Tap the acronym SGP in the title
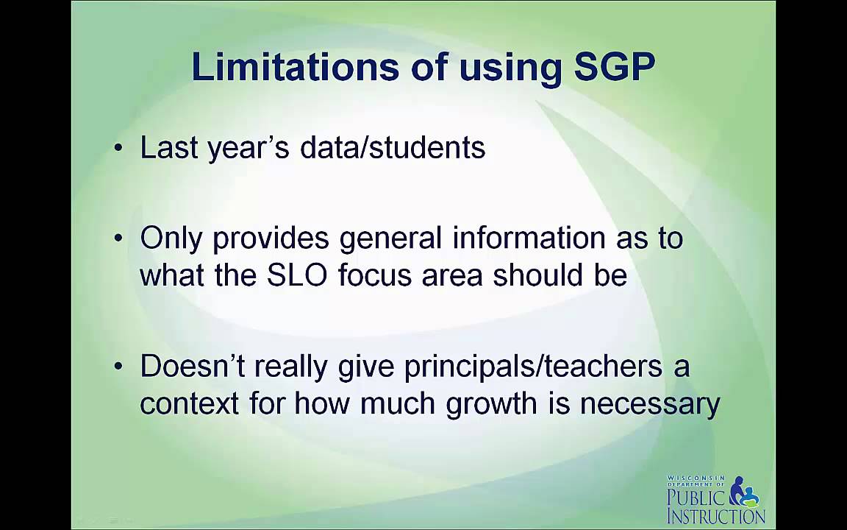click(x=614, y=67)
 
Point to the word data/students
click(x=393, y=148)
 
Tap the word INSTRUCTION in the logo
click(x=715, y=515)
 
